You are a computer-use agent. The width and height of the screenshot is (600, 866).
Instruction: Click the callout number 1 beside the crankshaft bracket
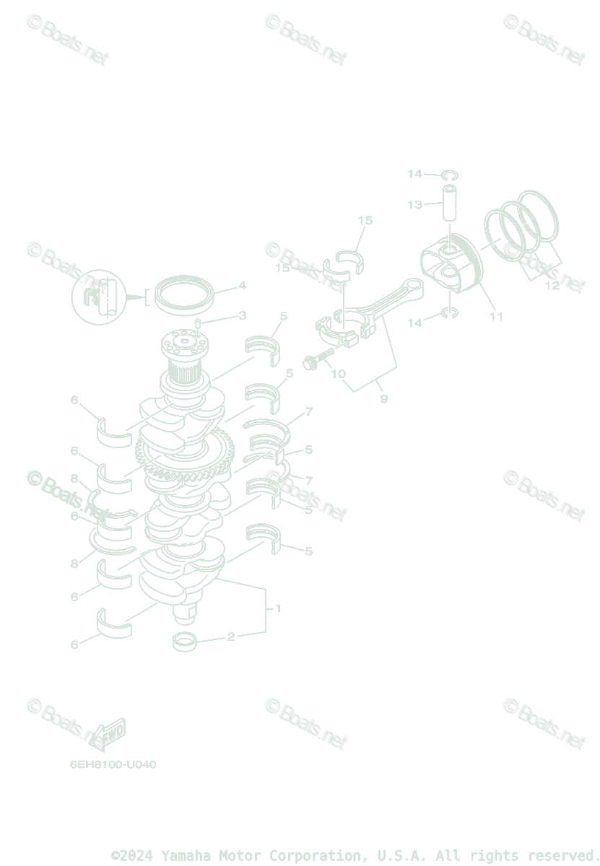click(278, 608)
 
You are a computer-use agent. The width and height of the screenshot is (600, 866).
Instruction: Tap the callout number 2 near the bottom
click(231, 637)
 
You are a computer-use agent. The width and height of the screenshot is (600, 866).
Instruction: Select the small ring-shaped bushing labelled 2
click(186, 640)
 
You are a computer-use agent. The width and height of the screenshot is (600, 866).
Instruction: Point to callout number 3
click(243, 315)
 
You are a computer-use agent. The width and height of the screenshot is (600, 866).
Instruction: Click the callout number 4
click(243, 286)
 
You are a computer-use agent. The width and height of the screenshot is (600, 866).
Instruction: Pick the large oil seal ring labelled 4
click(185, 292)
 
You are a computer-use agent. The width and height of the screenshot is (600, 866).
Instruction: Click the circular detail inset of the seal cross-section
click(99, 297)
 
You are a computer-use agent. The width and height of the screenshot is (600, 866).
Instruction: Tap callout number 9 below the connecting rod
click(383, 398)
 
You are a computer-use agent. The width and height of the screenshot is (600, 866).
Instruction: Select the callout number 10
click(338, 375)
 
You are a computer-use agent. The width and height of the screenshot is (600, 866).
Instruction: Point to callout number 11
click(496, 316)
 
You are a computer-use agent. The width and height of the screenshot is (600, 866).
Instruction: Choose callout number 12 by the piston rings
click(552, 286)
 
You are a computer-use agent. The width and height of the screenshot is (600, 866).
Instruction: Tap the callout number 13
click(414, 205)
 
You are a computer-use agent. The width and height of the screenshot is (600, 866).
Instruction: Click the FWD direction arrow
click(109, 735)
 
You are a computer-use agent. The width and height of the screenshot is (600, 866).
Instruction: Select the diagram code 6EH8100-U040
click(113, 764)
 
